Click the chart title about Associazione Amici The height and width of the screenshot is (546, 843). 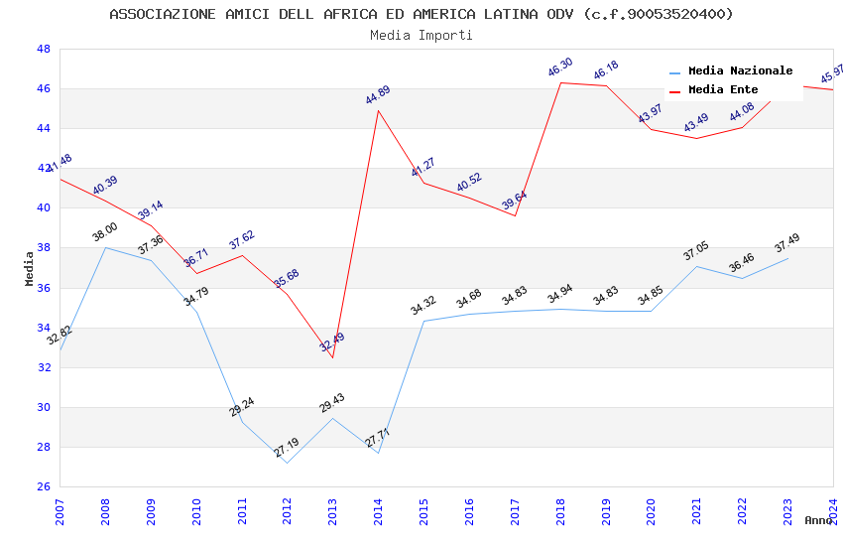(421, 14)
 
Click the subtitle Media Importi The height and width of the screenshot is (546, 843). (421, 35)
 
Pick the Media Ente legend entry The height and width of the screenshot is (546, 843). (723, 89)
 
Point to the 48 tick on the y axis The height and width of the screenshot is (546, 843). (44, 49)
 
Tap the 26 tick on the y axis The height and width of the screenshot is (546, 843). (44, 486)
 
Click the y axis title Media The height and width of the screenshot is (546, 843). (30, 268)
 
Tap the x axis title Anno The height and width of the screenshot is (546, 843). (818, 520)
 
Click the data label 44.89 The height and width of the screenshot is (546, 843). (378, 95)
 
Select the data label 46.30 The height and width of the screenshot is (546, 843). (560, 68)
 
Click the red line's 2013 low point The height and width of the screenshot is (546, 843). (332, 357)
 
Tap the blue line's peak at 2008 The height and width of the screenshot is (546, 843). (105, 247)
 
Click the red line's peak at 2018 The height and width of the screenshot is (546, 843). (560, 82)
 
